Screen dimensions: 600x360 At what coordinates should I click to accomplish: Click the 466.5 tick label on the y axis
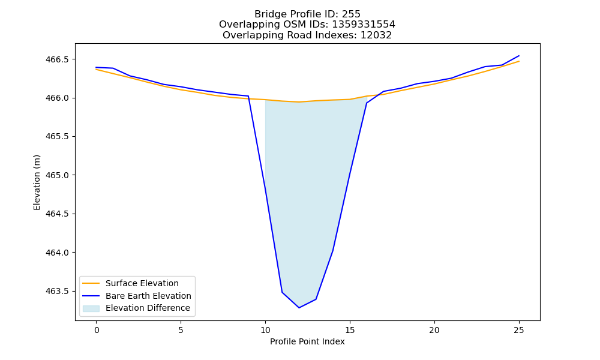click(x=58, y=59)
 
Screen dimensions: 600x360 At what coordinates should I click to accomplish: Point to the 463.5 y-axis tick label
click(x=58, y=292)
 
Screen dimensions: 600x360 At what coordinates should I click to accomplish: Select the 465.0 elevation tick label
click(x=58, y=176)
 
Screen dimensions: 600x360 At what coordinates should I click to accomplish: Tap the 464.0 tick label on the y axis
click(x=58, y=253)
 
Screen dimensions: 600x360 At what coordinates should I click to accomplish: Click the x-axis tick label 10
click(x=265, y=330)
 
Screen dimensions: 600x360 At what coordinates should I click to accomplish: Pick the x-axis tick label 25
click(x=519, y=330)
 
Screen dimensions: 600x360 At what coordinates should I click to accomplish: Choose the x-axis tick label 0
click(x=97, y=330)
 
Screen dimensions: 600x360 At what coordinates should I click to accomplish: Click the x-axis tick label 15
click(x=350, y=330)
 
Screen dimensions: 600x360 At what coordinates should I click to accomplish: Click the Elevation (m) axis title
click(x=37, y=182)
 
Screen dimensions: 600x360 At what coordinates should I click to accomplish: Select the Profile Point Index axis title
click(x=307, y=341)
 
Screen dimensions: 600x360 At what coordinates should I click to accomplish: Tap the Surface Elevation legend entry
click(x=142, y=283)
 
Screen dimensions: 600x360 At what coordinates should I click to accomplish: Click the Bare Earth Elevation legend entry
click(x=148, y=296)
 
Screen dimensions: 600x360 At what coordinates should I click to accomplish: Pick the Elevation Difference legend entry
click(x=148, y=308)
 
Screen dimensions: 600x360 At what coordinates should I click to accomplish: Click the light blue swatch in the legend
click(x=91, y=308)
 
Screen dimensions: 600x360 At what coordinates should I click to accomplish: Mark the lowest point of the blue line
click(x=299, y=308)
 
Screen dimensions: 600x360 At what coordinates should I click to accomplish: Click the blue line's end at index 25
click(x=519, y=56)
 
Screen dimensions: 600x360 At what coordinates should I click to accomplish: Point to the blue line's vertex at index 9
click(x=248, y=96)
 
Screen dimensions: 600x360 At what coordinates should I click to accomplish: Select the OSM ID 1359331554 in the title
click(x=363, y=25)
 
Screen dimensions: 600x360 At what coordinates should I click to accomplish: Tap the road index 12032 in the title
click(x=376, y=35)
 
